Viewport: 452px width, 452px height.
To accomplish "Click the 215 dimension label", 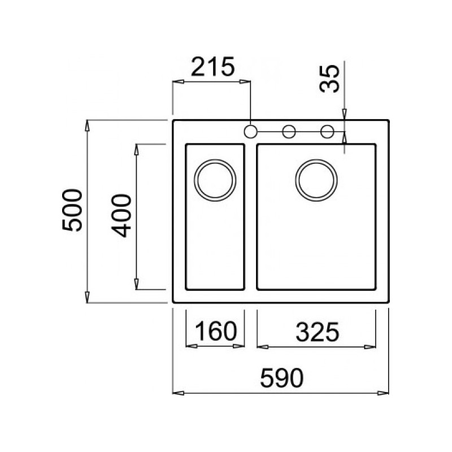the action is [x=213, y=67].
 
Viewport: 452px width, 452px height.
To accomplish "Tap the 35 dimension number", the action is [x=330, y=79].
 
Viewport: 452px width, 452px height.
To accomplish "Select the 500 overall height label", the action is [x=72, y=210].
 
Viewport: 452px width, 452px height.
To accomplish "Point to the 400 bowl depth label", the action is [x=121, y=216].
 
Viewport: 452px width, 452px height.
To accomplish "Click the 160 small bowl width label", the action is [x=216, y=331].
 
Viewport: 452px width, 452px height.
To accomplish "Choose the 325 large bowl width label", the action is [x=318, y=332].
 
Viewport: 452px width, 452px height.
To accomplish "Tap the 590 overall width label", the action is [x=281, y=378].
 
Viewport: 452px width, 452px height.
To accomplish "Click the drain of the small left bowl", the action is [x=215, y=180].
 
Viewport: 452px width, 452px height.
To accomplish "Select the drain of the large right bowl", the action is [x=316, y=180].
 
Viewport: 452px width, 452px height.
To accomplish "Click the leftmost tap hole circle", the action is [x=250, y=132].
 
